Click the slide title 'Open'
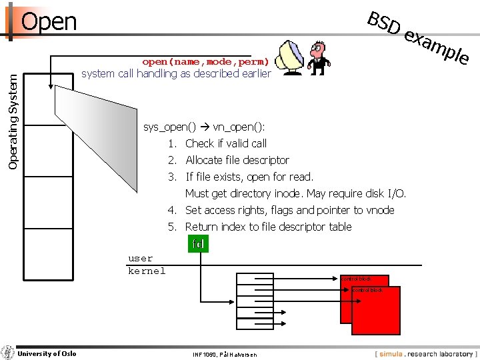(49, 21)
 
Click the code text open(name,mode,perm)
(205, 61)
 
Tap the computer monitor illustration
(290, 59)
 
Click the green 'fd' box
(197, 244)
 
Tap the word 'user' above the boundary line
(141, 258)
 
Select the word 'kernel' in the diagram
(147, 271)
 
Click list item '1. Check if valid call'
(217, 143)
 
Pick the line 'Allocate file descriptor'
(237, 160)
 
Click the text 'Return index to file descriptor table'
(268, 227)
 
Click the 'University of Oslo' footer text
(47, 353)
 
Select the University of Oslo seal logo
(8, 353)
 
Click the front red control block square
(377, 311)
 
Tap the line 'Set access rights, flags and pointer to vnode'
(289, 210)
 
